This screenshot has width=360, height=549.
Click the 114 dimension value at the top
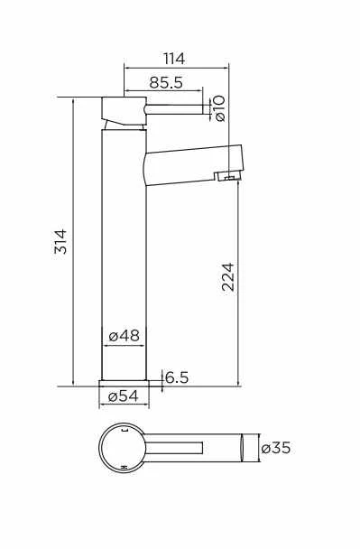(175, 59)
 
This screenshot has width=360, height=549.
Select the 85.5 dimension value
(166, 82)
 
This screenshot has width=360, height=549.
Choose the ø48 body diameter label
(124, 336)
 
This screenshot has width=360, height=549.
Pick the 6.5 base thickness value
(177, 378)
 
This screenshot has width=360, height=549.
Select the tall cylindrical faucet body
(124, 253)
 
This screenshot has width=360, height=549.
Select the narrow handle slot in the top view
(176, 448)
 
